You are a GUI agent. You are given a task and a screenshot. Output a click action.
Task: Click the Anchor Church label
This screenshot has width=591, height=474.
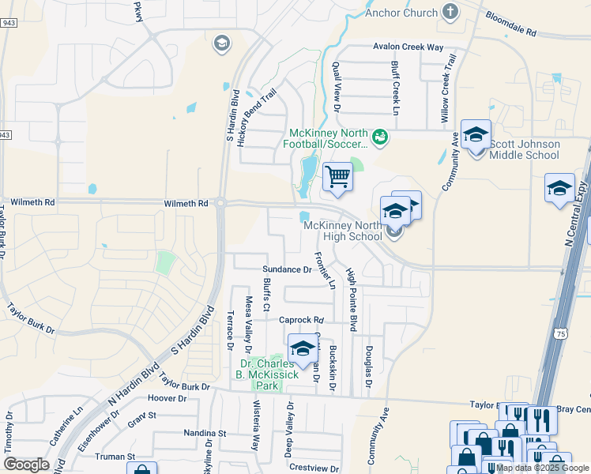coord(401,13)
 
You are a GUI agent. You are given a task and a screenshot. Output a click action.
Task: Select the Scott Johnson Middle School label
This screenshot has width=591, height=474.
coord(525,149)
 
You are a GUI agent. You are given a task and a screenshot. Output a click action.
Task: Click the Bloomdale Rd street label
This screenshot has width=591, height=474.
coord(510,26)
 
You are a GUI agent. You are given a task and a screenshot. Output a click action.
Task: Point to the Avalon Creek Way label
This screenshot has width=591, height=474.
coord(408,47)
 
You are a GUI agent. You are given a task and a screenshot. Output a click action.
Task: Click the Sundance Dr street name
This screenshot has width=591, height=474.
coord(287,269)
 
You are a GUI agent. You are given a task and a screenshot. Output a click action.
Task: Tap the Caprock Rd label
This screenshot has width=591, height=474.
coord(303,320)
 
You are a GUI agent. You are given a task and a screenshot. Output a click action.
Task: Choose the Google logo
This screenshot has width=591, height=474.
coord(26,464)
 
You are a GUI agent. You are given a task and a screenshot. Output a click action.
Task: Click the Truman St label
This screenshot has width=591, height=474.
coord(116,457)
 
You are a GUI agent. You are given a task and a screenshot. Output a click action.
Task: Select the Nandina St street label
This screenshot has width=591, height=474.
coord(205,433)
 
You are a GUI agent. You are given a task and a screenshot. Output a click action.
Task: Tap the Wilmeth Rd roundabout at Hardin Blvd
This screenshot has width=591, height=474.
coord(220,203)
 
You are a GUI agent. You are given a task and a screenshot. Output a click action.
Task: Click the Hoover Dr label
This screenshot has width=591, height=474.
coord(166,399)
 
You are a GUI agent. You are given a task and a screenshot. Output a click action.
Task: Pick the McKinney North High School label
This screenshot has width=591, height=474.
coord(344,231)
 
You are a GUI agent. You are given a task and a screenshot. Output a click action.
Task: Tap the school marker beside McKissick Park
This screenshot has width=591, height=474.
coord(302,348)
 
